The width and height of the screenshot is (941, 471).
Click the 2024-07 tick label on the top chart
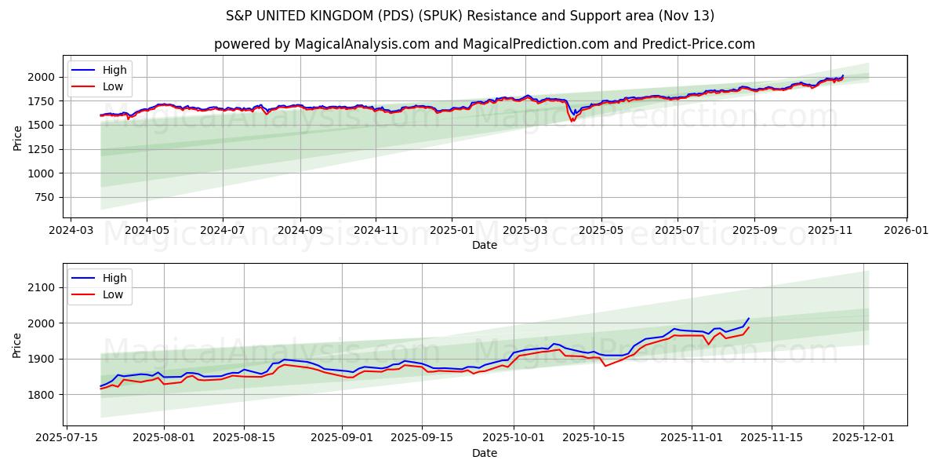tap(222, 232)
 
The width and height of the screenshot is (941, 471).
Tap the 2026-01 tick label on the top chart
tap(906, 232)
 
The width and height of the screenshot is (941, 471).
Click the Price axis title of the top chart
tap(17, 137)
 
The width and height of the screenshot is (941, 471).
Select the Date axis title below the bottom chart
tap(485, 454)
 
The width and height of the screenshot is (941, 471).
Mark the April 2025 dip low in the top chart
tap(572, 121)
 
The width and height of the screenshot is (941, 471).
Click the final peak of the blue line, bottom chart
tap(748, 319)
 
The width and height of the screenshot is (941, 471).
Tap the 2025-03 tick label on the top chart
tap(525, 232)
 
